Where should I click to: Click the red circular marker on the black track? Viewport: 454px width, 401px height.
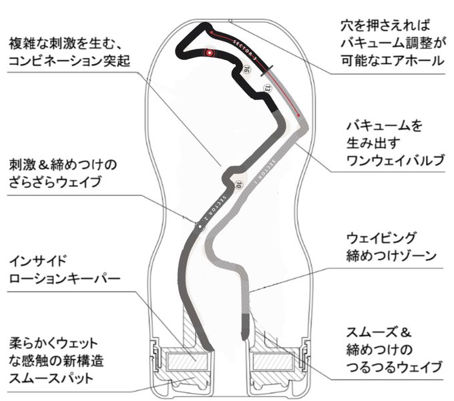click(x=210, y=52)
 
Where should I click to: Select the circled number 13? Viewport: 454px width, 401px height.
click(x=267, y=87)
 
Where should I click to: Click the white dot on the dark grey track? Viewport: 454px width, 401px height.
click(x=198, y=226)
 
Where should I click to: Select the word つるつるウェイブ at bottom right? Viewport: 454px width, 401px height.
click(x=395, y=366)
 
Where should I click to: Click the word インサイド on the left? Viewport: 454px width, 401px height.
click(x=37, y=258)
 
